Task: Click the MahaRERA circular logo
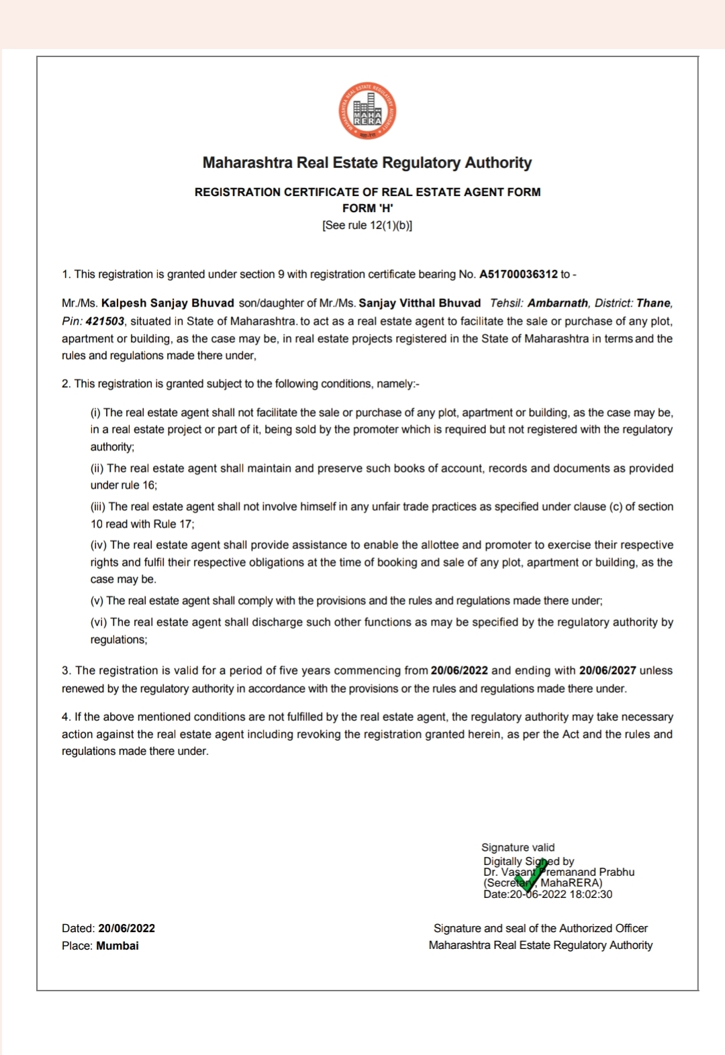tap(367, 111)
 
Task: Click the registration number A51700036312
tap(518, 274)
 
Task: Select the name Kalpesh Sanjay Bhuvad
tap(168, 303)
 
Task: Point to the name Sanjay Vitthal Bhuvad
tap(420, 303)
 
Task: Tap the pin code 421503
tap(105, 321)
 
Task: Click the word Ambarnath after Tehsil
tap(557, 303)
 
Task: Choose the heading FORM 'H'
tap(367, 208)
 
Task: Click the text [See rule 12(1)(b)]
tap(367, 225)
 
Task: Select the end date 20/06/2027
tap(608, 670)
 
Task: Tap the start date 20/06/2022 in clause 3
tap(459, 670)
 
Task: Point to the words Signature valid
tap(518, 848)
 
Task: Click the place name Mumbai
tap(117, 946)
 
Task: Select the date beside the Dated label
tap(126, 928)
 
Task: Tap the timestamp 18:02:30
tap(591, 894)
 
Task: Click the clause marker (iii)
tap(98, 507)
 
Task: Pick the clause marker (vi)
tap(99, 622)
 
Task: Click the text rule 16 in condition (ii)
tap(139, 485)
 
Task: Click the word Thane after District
tap(653, 303)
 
